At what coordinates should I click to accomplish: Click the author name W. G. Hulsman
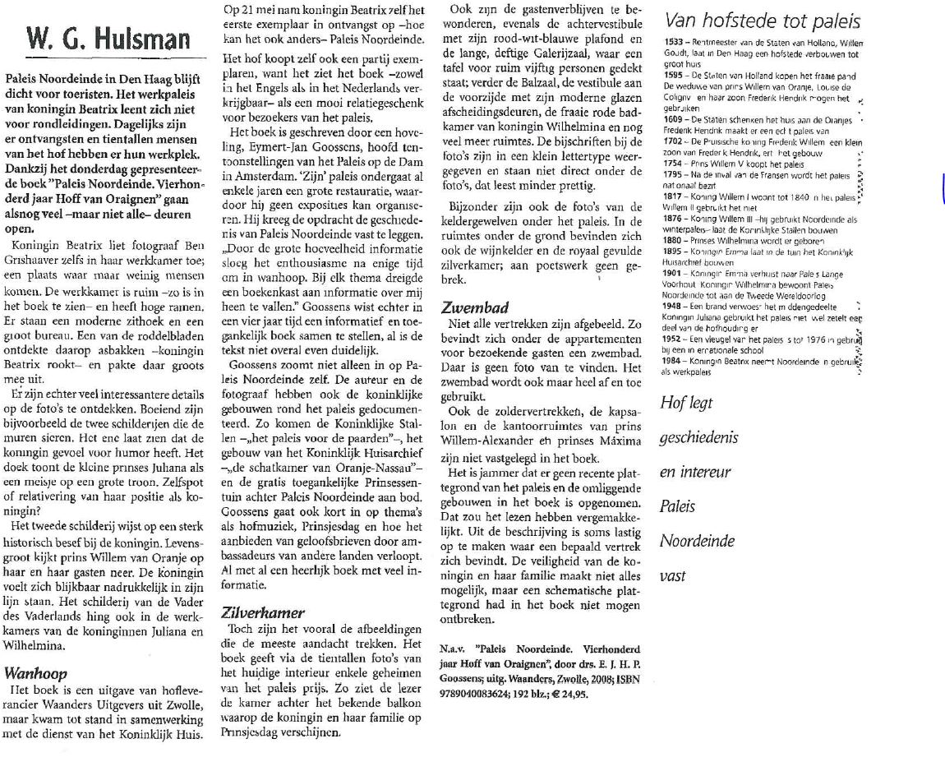[x=106, y=38]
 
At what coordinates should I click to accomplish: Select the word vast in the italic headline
[x=672, y=577]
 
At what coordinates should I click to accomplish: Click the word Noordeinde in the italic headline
[x=697, y=542]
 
